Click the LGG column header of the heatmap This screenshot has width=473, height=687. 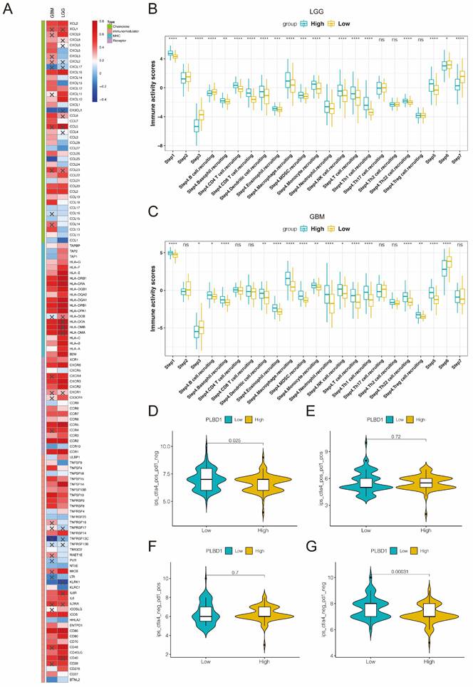tap(63, 14)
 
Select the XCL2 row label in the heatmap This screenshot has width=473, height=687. tap(76, 23)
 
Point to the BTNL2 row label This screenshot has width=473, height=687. tap(76, 681)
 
